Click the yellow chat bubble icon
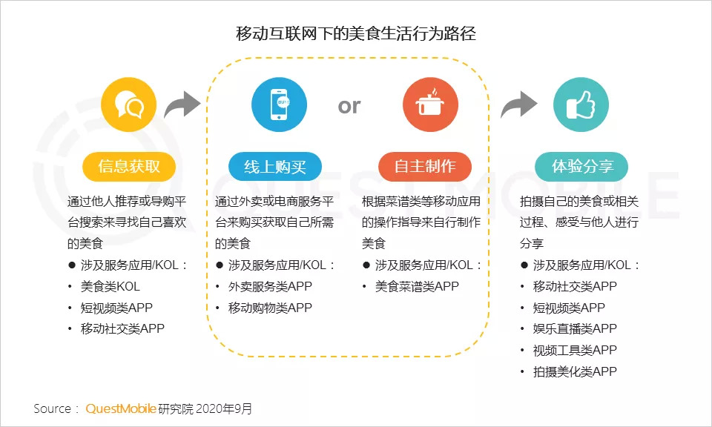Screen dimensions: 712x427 tap(129, 105)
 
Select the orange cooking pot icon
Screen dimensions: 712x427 tap(429, 105)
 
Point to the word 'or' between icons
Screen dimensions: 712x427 tap(349, 106)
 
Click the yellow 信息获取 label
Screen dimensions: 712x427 tap(129, 166)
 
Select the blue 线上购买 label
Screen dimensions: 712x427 tap(275, 166)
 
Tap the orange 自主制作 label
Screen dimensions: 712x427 tap(425, 166)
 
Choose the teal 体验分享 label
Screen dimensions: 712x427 tap(581, 166)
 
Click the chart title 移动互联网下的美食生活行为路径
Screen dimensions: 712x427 tap(355, 34)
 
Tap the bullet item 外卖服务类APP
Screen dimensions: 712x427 tap(270, 286)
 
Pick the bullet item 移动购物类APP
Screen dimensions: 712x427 tap(270, 308)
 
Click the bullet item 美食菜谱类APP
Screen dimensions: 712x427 tap(417, 286)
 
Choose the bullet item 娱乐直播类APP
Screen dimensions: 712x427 tap(575, 328)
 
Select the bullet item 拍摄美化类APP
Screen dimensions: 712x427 tap(575, 371)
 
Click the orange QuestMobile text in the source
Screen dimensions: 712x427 tap(120, 408)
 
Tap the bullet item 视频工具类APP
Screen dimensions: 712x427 tap(575, 350)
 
